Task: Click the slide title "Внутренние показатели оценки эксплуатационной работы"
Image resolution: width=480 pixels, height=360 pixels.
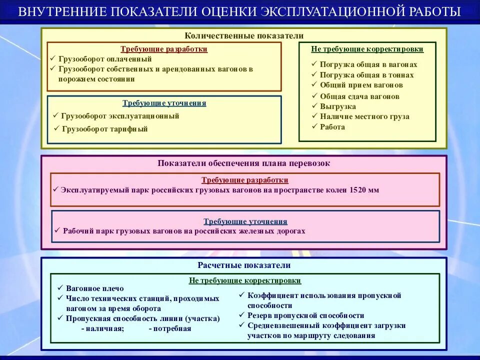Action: click(x=239, y=11)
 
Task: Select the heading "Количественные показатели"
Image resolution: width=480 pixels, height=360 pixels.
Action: click(x=244, y=36)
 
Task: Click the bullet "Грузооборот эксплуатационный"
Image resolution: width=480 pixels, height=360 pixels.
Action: click(x=120, y=116)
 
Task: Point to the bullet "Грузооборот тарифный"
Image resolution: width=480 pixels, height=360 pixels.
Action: click(x=105, y=129)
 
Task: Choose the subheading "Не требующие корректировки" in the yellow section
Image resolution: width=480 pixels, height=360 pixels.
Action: click(x=367, y=49)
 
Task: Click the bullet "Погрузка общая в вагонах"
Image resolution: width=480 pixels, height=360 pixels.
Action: click(x=368, y=64)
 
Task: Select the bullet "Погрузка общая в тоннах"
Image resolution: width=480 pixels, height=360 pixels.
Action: click(x=366, y=75)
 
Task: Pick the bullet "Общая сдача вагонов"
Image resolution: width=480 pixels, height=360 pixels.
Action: click(x=359, y=96)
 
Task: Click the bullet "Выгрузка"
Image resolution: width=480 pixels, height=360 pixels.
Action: click(x=338, y=106)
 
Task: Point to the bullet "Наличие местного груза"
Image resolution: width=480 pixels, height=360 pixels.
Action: click(x=364, y=116)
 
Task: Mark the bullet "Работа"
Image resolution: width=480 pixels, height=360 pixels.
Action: click(x=332, y=127)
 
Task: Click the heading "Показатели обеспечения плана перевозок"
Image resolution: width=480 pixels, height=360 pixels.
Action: click(x=244, y=163)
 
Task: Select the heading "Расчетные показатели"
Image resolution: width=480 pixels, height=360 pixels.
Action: click(x=244, y=265)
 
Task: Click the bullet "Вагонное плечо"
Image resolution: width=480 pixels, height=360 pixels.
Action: click(x=94, y=288)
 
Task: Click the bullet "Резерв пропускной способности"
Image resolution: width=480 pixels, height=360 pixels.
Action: click(x=305, y=315)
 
